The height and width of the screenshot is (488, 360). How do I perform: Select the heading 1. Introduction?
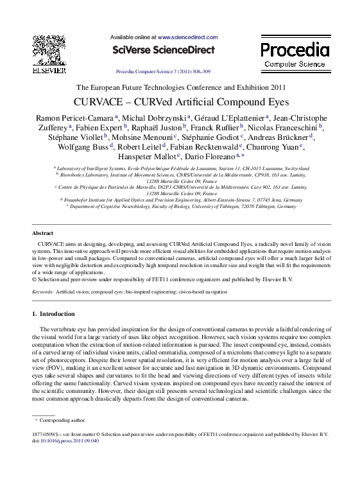click(53, 314)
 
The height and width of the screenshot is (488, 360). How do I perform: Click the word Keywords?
click(42, 292)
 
